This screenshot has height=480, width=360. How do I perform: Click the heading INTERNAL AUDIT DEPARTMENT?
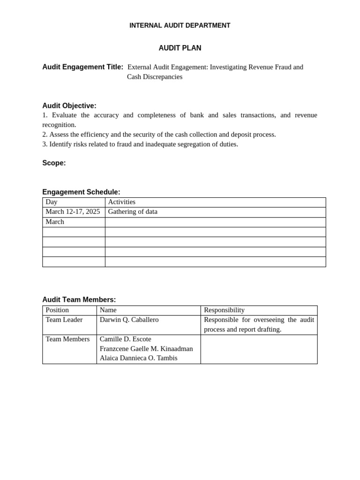click(180, 25)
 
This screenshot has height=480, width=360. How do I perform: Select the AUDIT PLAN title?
click(180, 48)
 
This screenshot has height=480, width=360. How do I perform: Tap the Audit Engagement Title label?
click(82, 67)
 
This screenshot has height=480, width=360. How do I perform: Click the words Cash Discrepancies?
click(154, 77)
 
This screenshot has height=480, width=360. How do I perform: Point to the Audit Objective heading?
click(69, 106)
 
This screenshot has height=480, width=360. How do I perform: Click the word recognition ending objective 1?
click(59, 125)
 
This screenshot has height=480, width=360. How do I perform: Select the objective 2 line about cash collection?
click(159, 135)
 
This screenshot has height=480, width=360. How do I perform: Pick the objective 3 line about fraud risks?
click(140, 144)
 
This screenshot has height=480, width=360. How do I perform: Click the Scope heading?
click(54, 163)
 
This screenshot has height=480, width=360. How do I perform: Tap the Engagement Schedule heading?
click(81, 192)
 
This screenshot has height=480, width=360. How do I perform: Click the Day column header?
click(52, 202)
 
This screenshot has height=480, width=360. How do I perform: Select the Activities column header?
click(121, 202)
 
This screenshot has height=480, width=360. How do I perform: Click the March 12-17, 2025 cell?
click(73, 212)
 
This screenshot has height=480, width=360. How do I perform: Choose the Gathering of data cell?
click(133, 212)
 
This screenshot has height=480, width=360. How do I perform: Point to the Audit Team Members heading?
click(79, 300)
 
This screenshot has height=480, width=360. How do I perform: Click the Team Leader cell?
click(64, 320)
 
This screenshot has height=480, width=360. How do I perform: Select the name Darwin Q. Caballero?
click(129, 320)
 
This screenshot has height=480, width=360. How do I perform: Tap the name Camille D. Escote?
click(125, 339)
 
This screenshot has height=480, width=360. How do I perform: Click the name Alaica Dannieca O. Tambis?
click(138, 358)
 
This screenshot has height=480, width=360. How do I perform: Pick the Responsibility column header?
click(224, 310)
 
